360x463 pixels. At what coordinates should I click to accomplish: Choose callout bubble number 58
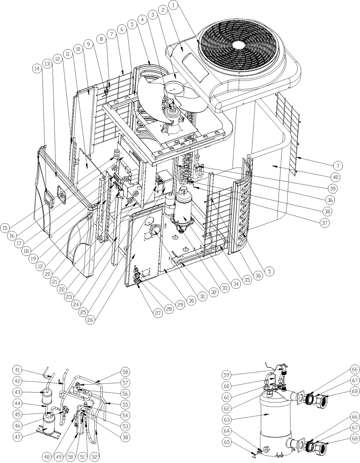tap(126, 372)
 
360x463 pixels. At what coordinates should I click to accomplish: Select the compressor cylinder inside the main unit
tap(184, 208)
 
